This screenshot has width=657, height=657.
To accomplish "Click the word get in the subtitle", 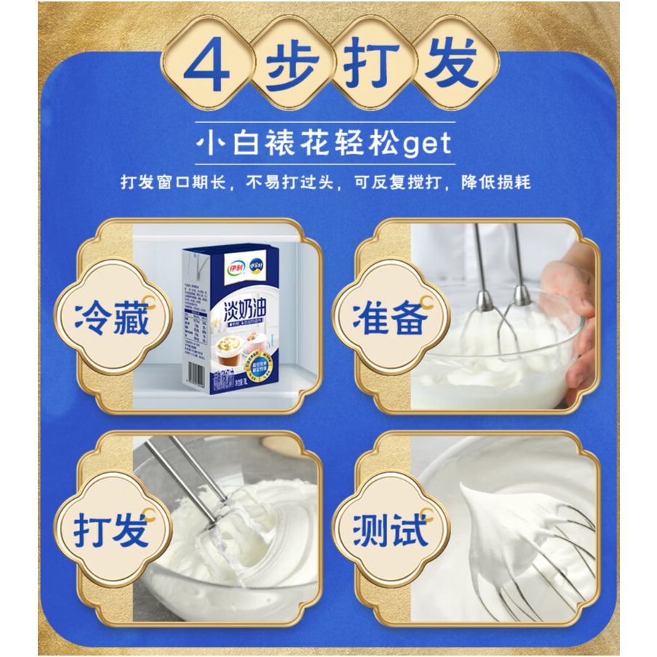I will click(x=426, y=143).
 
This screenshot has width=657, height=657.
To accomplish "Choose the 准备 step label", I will click(x=389, y=317).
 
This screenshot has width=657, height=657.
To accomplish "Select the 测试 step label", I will click(x=389, y=530).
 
